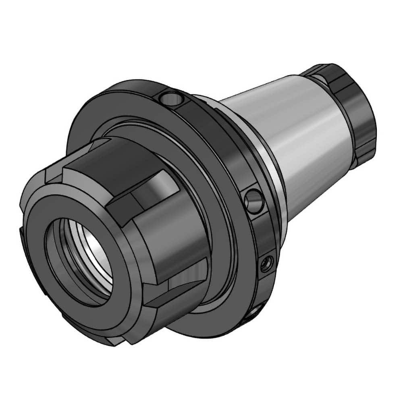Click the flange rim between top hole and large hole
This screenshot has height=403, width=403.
tap(218, 133)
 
